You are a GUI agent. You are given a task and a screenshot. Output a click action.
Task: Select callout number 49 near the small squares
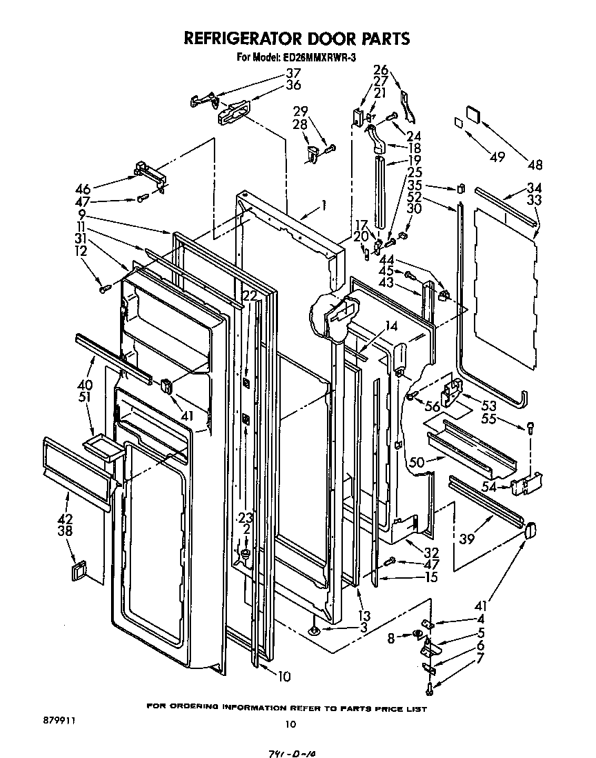click(x=497, y=157)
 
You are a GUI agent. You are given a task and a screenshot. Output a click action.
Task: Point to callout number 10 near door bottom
click(x=284, y=677)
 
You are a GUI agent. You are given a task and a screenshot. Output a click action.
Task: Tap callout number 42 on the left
click(x=66, y=519)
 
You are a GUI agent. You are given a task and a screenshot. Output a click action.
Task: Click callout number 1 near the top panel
click(x=324, y=205)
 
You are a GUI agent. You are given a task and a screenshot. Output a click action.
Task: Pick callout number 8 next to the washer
click(x=392, y=639)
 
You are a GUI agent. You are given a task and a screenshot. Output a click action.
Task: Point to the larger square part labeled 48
click(x=473, y=112)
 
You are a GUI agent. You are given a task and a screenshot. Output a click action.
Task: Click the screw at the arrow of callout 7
click(x=429, y=687)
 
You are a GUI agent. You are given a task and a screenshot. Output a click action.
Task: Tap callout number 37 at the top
click(x=294, y=73)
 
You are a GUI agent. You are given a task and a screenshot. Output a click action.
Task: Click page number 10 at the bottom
click(x=290, y=724)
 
